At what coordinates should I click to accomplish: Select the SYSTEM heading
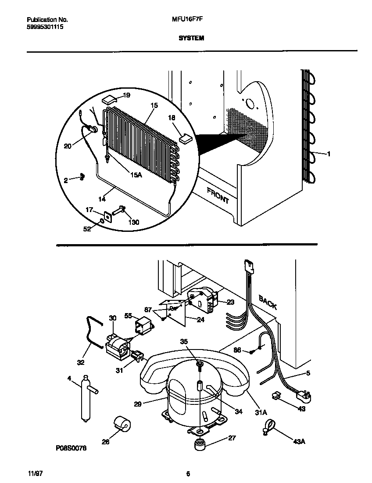pos(191,38)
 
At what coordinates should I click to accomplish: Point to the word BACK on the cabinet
pos(268,302)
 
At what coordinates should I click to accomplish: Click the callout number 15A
pos(136,175)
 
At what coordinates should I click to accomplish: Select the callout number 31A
pos(260,412)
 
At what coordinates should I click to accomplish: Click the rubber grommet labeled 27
pos(200,444)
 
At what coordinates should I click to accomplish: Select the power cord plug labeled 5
pos(303,396)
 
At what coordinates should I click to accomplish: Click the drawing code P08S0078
pos(72,448)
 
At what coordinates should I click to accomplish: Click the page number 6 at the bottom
pos(188,474)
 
